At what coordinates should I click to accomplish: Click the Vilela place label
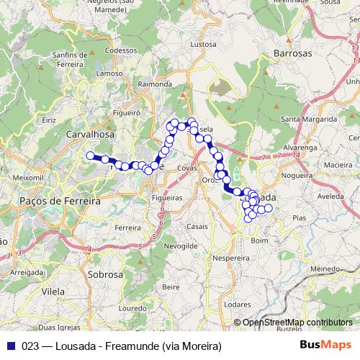[x=54, y=294]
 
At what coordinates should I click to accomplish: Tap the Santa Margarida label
[x=309, y=119]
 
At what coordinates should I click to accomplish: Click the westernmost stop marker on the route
[x=90, y=156]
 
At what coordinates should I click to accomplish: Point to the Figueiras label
[x=168, y=197]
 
